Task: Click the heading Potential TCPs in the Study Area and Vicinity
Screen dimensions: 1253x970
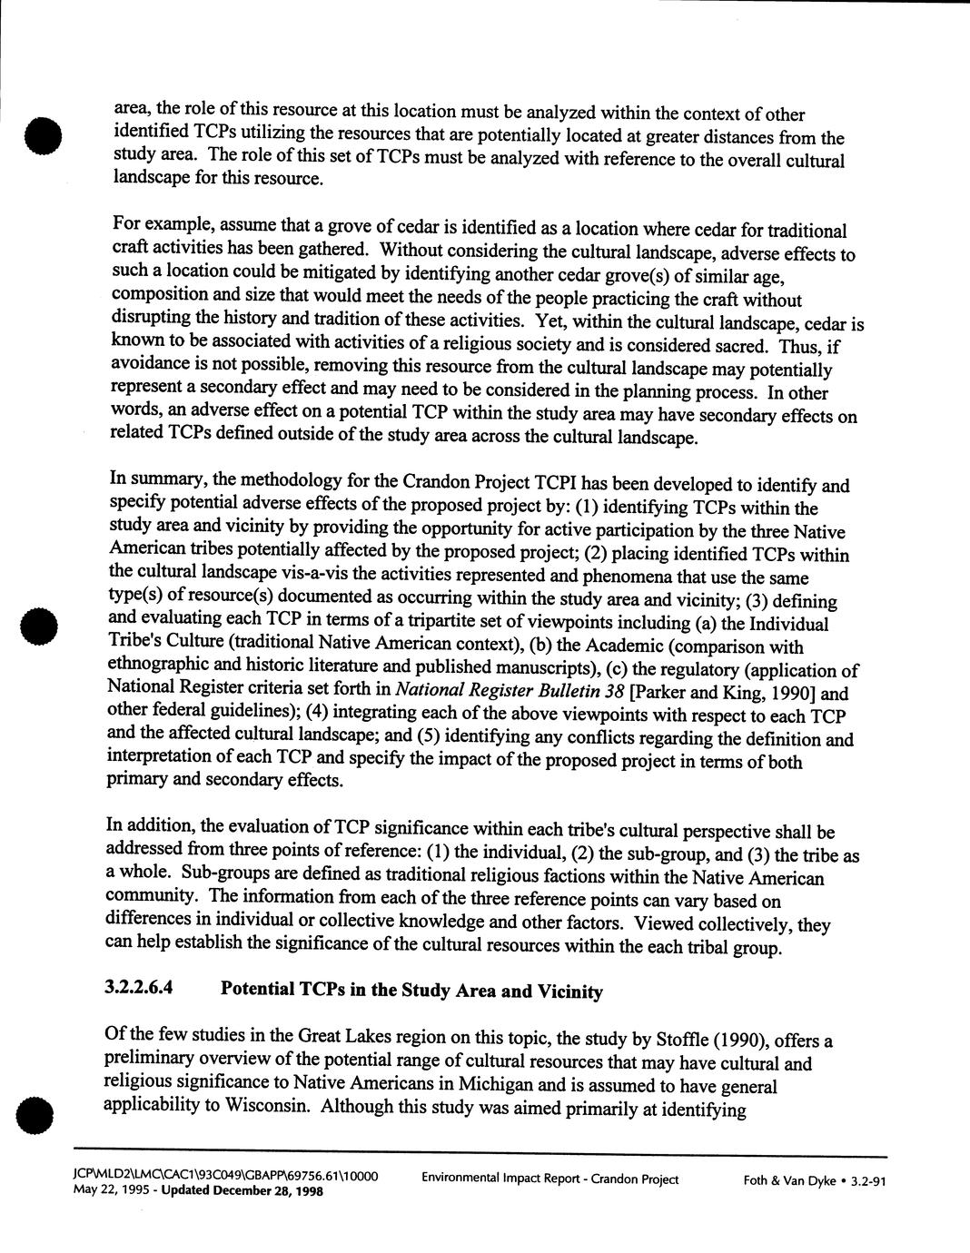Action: tap(411, 991)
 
